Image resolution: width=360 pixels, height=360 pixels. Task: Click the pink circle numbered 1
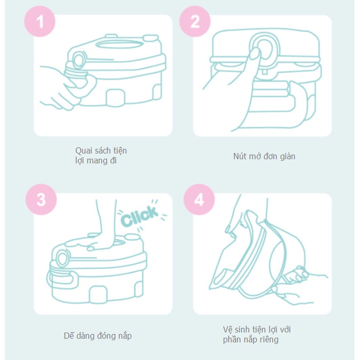point(40,21)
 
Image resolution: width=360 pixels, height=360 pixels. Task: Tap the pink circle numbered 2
point(195,21)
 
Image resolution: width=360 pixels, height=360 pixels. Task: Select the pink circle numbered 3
point(41,199)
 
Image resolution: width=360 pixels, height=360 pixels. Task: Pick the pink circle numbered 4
point(199,199)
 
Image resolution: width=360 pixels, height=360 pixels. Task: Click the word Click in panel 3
point(140,216)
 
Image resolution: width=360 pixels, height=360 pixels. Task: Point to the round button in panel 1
point(79,60)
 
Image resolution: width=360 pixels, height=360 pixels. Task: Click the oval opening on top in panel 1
point(119,44)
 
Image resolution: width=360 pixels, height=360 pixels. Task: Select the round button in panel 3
point(62,258)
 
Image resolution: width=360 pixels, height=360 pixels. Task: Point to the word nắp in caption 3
point(125,336)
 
